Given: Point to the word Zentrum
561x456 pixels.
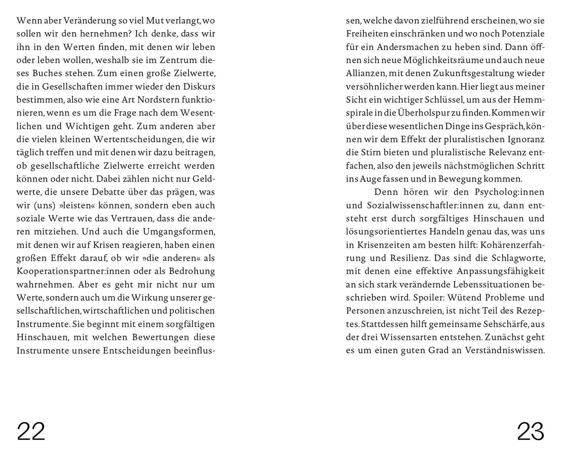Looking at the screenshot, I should [178, 60].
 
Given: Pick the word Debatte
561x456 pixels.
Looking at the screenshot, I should [107, 192].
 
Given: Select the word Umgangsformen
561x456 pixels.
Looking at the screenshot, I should [179, 232].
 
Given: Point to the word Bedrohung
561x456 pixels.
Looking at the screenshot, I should [192, 271].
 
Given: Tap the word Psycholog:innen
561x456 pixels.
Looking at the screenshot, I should [509, 192].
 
